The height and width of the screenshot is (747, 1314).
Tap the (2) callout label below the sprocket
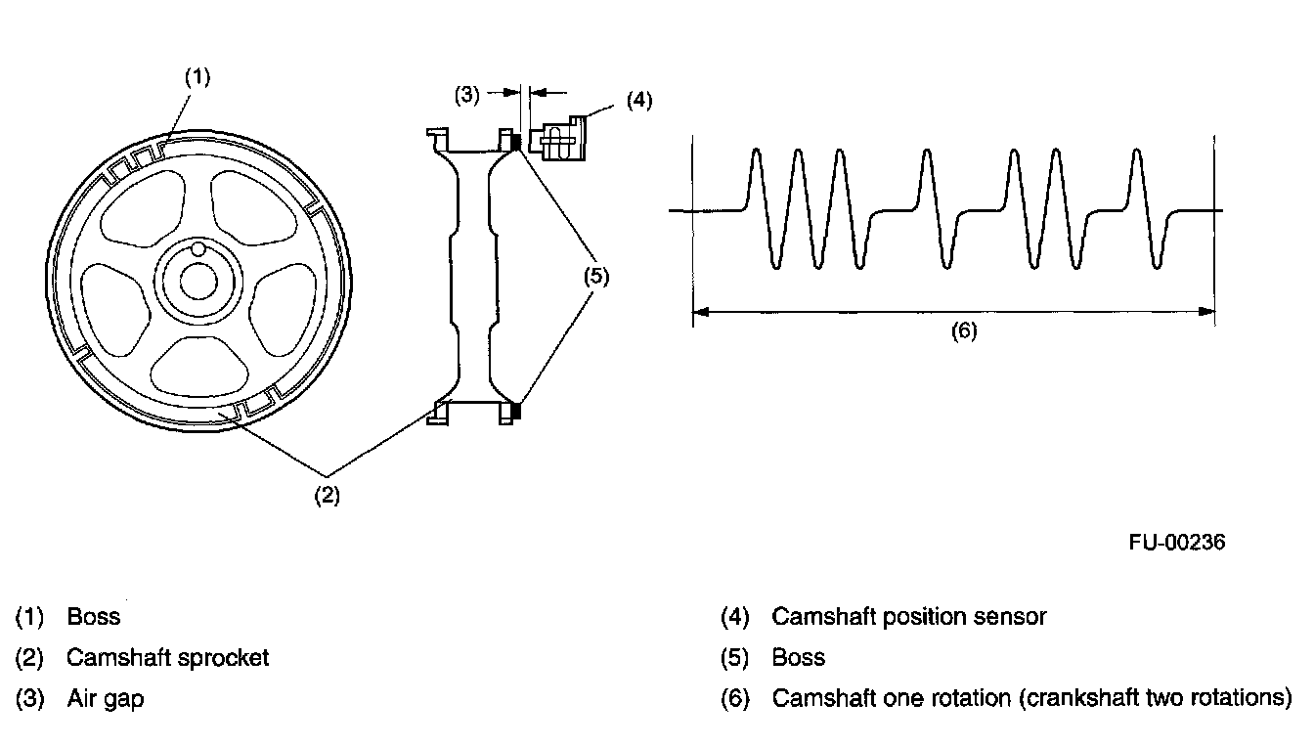pos(326,495)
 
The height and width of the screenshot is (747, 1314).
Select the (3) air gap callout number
pos(467,94)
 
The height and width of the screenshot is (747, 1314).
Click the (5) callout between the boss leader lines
pos(596,276)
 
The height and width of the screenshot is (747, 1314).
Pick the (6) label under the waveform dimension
pos(964,330)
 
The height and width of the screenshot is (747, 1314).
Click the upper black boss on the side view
pos(516,143)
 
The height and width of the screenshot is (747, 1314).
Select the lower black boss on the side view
pos(516,412)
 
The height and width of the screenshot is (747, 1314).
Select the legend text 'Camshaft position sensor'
pos(908,617)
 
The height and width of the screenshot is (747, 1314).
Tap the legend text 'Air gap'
pos(105,699)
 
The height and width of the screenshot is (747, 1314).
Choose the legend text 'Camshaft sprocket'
pos(167,658)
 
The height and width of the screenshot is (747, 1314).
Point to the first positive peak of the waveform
pos(756,152)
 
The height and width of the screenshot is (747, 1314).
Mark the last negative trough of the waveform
pos(1158,265)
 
